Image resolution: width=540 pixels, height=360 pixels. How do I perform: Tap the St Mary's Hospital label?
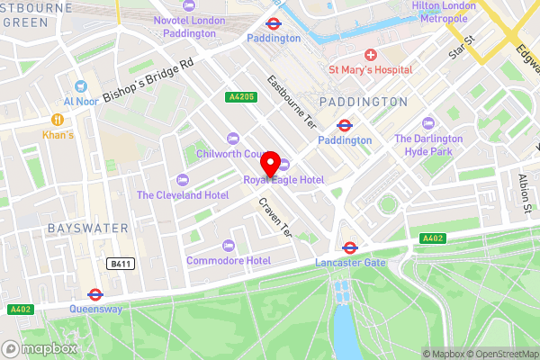click(370, 69)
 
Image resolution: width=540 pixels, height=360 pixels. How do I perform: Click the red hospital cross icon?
click(370, 55)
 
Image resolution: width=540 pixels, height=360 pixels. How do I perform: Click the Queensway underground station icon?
click(94, 293)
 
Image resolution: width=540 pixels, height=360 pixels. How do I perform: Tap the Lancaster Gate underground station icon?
click(350, 247)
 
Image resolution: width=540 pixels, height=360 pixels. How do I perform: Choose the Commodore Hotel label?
click(229, 261)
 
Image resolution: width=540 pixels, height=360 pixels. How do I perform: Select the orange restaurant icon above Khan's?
click(57, 119)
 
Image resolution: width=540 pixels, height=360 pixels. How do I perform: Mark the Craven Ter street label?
click(275, 217)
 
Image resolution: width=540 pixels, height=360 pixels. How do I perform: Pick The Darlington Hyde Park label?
click(428, 145)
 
